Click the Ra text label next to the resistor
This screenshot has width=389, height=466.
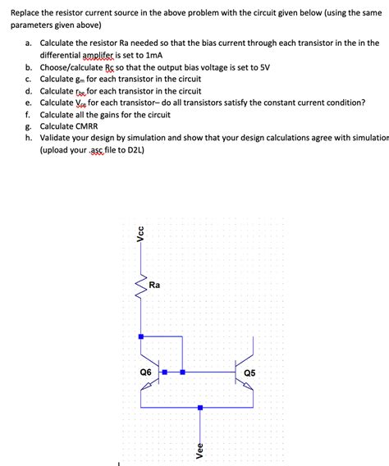(x=154, y=286)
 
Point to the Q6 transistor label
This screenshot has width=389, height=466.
(x=145, y=372)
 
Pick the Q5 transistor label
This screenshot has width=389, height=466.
(x=249, y=373)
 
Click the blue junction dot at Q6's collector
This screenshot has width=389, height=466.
(x=141, y=336)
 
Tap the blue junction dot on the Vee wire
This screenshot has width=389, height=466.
(x=199, y=407)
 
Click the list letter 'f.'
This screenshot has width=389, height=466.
(x=28, y=115)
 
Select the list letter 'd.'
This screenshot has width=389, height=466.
(x=29, y=91)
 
